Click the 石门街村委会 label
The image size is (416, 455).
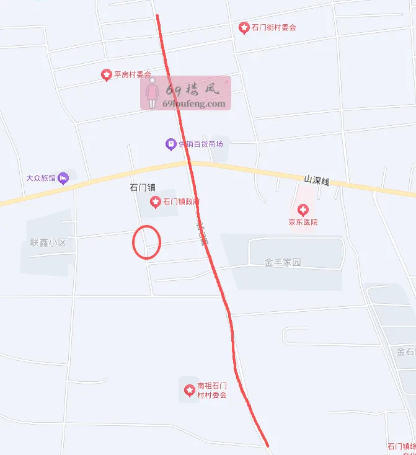pos(273,27)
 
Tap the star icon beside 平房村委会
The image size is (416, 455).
pos(106,75)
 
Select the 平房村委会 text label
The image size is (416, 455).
pos(132,75)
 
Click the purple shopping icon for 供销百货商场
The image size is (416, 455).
pos(170,144)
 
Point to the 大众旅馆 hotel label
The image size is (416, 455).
pos(41,178)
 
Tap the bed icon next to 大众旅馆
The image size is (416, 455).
pos(63,179)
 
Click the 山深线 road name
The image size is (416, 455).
pos(316,180)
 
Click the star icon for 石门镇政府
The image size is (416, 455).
pos(155,202)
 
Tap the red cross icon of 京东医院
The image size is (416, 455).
pos(303,210)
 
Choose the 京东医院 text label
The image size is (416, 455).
pos(303,222)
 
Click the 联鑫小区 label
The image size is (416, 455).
pos(48,242)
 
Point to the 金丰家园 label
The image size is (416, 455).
pos(283,262)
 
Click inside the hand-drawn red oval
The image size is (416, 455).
pos(147,242)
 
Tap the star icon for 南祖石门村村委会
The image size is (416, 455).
pos(189,390)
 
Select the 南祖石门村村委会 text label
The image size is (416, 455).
pos(212,391)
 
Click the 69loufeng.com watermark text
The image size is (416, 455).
pos(194,104)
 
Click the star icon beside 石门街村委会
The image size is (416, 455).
pos(244,27)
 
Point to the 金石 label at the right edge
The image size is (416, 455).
pos(405,351)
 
